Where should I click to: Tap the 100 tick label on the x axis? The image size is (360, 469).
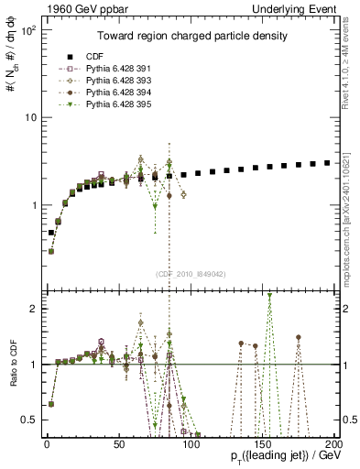point(191,442)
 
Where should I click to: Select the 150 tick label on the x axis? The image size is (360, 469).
point(263,442)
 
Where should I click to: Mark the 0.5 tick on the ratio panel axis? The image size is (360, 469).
point(27,420)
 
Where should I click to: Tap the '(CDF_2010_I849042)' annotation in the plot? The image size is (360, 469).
point(190,274)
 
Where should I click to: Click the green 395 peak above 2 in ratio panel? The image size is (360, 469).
point(269,296)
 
